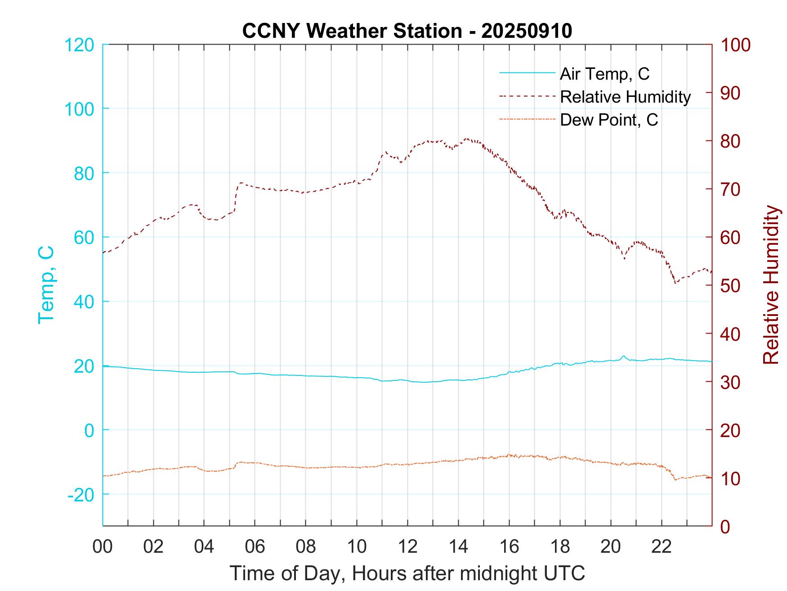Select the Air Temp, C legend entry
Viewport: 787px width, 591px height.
coord(604,74)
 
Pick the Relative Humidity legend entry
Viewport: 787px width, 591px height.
coord(625,97)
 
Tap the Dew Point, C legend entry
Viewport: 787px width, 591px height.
coord(608,120)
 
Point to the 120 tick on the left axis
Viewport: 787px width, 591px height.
coord(80,45)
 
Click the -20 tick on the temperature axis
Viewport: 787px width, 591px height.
coord(81,495)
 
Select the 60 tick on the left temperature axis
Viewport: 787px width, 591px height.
coord(83,238)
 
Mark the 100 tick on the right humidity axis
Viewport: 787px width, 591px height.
coord(735,45)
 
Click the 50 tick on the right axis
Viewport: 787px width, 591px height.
coord(731,286)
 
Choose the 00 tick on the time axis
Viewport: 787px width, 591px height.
coord(103,546)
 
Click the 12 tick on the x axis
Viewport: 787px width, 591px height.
coord(407,546)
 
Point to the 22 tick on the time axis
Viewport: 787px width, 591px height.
coord(662,546)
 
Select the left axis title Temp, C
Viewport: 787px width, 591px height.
coord(46,284)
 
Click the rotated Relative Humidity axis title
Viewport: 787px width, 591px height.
coord(771,284)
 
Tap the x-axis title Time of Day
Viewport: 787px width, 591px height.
coord(407,573)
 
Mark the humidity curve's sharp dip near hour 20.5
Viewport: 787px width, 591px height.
coord(624,258)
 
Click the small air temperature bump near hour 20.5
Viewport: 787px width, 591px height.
coord(623,356)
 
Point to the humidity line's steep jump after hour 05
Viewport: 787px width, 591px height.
coord(236,197)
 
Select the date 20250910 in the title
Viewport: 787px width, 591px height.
coord(527,31)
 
